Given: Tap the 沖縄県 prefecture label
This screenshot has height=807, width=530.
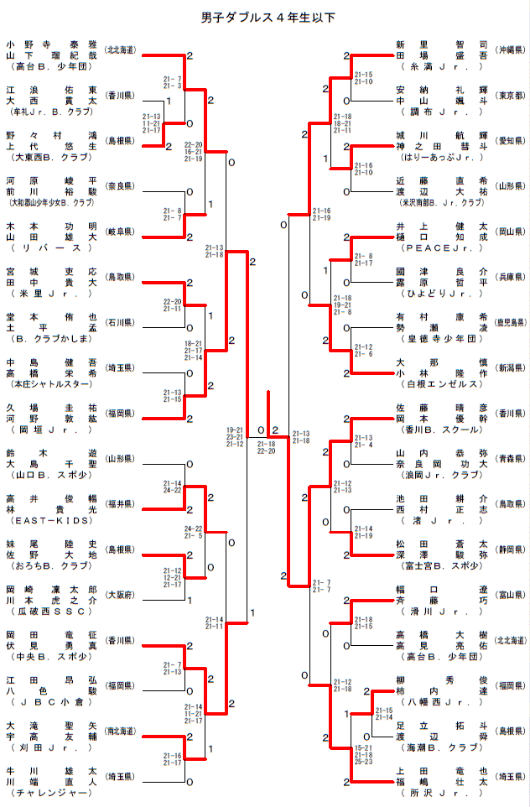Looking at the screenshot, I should coord(510,49).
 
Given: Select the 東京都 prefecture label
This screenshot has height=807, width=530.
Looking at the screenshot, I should coord(510,95).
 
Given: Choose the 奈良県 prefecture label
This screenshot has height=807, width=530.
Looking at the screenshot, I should coord(121,186).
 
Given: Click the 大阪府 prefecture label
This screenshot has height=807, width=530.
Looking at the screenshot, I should coord(121,595).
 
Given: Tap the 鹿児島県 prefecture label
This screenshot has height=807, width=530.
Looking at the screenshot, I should coord(510,322).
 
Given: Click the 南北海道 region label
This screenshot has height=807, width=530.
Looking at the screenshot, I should coord(121,731).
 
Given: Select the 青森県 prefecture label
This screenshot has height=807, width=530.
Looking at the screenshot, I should coord(510,458).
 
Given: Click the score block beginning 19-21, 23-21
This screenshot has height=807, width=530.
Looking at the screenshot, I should coord(236,436).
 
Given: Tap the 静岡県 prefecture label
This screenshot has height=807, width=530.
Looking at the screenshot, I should coord(510,549).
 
